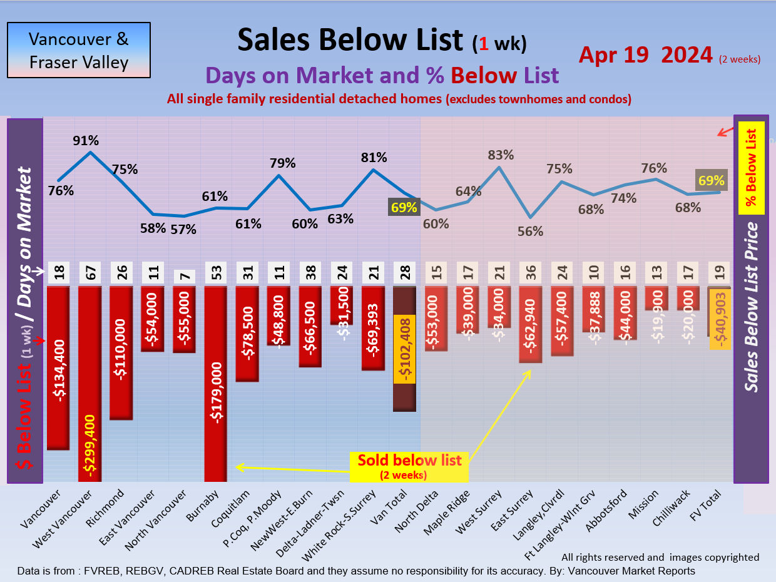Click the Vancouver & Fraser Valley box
click(79, 50)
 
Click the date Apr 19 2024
click(645, 55)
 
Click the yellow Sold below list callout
click(409, 466)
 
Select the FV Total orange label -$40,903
click(720, 319)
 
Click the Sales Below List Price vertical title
click(752, 307)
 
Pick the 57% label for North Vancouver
click(184, 229)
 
